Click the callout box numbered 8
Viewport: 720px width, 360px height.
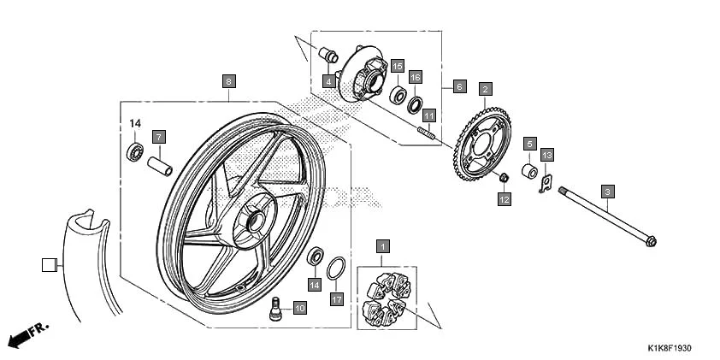pos(228,82)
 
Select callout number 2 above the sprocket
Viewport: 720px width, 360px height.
pos(485,88)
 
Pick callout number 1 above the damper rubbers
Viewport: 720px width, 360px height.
pos(382,247)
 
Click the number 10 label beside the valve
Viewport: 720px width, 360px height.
pos(299,308)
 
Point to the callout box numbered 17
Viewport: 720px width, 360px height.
pos(337,299)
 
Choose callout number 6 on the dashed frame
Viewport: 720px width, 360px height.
pos(459,87)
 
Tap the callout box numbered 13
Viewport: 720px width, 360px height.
pos(547,155)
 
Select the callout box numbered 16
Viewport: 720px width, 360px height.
pos(415,77)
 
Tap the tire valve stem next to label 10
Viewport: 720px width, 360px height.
pos(276,309)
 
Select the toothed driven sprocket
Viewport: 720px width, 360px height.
pos(483,141)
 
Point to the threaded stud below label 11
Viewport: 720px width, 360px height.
pos(426,132)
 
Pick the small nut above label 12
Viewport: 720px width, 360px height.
pos(505,178)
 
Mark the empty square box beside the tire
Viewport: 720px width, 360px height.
pos(48,264)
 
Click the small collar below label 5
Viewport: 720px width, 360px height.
pos(530,172)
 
